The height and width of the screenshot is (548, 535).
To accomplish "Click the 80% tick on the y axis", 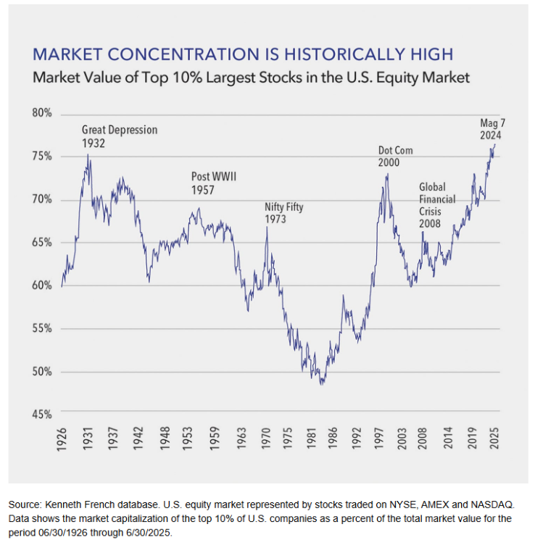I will tap(42, 114).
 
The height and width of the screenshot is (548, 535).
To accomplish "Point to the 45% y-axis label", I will tap(42, 415).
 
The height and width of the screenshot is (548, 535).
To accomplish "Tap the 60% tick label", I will tap(42, 286).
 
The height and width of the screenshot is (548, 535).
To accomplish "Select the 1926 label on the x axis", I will tap(62, 441).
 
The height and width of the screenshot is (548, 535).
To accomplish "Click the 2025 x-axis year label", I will tap(496, 441).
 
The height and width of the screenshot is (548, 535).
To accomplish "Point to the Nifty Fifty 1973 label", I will tap(283, 213).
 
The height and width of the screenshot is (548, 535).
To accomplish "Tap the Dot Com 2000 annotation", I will tap(397, 157).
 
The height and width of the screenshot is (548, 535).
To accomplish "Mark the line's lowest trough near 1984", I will tap(322, 383).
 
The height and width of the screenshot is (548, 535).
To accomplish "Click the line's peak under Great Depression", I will tap(88, 154).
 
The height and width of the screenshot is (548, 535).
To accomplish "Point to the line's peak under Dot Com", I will tap(386, 175).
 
